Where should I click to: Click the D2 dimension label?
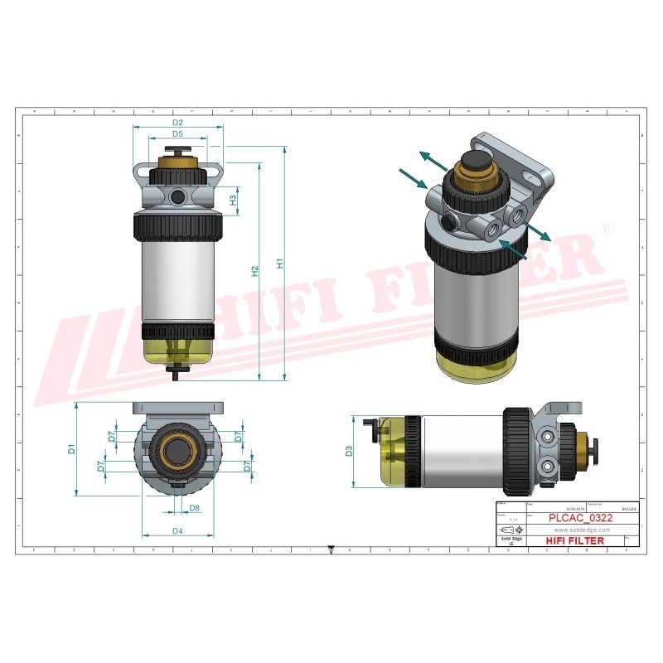(177, 123)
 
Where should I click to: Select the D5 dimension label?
(177, 133)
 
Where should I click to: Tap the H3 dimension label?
(234, 199)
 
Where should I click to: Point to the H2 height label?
(255, 270)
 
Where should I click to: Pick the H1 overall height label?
(280, 264)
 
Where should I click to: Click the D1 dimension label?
(72, 448)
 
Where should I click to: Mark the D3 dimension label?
(349, 452)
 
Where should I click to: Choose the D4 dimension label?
(177, 530)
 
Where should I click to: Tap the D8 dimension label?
(194, 507)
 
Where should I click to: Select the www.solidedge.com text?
(581, 530)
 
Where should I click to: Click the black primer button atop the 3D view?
(475, 162)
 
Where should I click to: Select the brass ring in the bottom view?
(177, 450)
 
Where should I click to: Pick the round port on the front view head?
(177, 196)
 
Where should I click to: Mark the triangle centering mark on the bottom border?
(331, 549)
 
